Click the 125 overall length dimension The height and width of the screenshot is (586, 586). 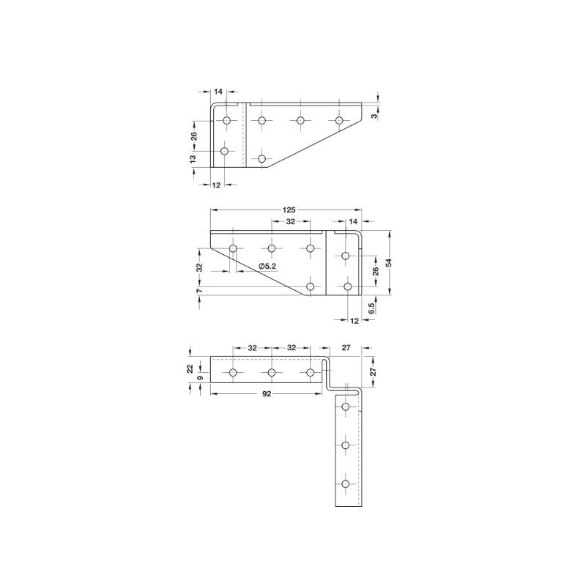tap(289, 210)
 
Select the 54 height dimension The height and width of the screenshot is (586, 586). tap(389, 262)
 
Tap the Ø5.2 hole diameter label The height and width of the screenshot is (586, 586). tap(267, 267)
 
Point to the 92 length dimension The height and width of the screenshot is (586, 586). tap(267, 394)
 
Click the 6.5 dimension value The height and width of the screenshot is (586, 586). tap(371, 308)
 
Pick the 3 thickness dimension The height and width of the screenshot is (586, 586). tap(374, 116)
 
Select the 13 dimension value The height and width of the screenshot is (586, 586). tap(193, 159)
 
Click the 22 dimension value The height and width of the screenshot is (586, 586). tap(190, 368)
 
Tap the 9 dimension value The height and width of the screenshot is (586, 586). tap(200, 378)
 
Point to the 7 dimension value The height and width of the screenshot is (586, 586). tap(199, 290)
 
